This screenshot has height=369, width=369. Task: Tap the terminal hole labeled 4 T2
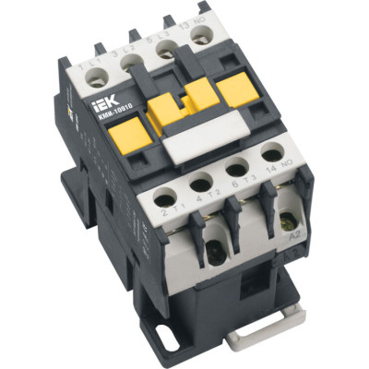pos(200,182)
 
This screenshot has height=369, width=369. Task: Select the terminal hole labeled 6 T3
pos(236,168)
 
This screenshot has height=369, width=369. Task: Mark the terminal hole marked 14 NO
pos(271,153)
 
